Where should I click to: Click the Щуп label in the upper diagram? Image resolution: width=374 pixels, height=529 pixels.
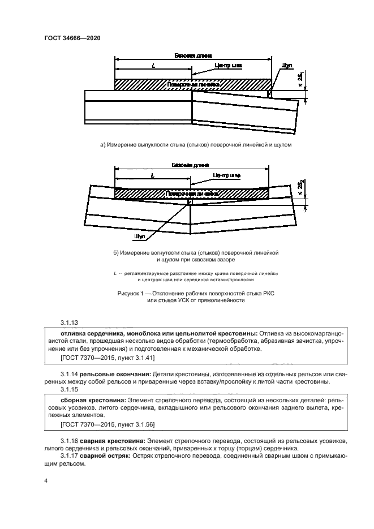[284, 66]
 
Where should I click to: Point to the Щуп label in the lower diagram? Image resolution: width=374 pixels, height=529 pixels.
[140, 235]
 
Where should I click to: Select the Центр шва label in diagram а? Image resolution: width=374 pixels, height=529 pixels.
[228, 66]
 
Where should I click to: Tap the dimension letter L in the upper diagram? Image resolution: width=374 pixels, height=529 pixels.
[153, 66]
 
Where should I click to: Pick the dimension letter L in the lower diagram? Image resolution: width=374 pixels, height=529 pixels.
[153, 176]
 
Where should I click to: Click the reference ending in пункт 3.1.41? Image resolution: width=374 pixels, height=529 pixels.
[101, 358]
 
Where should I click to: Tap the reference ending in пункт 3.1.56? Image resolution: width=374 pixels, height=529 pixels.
[101, 425]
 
